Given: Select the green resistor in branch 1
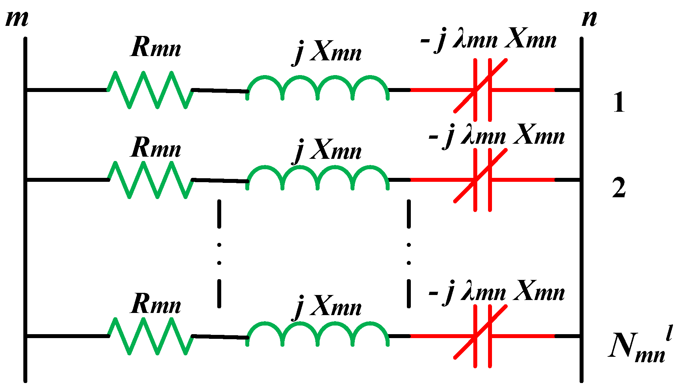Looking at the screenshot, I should click(150, 90).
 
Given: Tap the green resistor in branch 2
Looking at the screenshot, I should click(150, 180).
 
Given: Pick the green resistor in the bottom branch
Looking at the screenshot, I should click(150, 336).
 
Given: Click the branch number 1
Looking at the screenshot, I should click(619, 102).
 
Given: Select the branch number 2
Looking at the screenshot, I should click(619, 188).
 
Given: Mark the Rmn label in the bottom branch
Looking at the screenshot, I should click(155, 304).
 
